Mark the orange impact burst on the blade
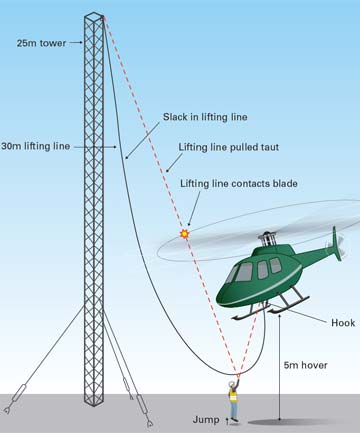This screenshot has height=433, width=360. tap(184, 233)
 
